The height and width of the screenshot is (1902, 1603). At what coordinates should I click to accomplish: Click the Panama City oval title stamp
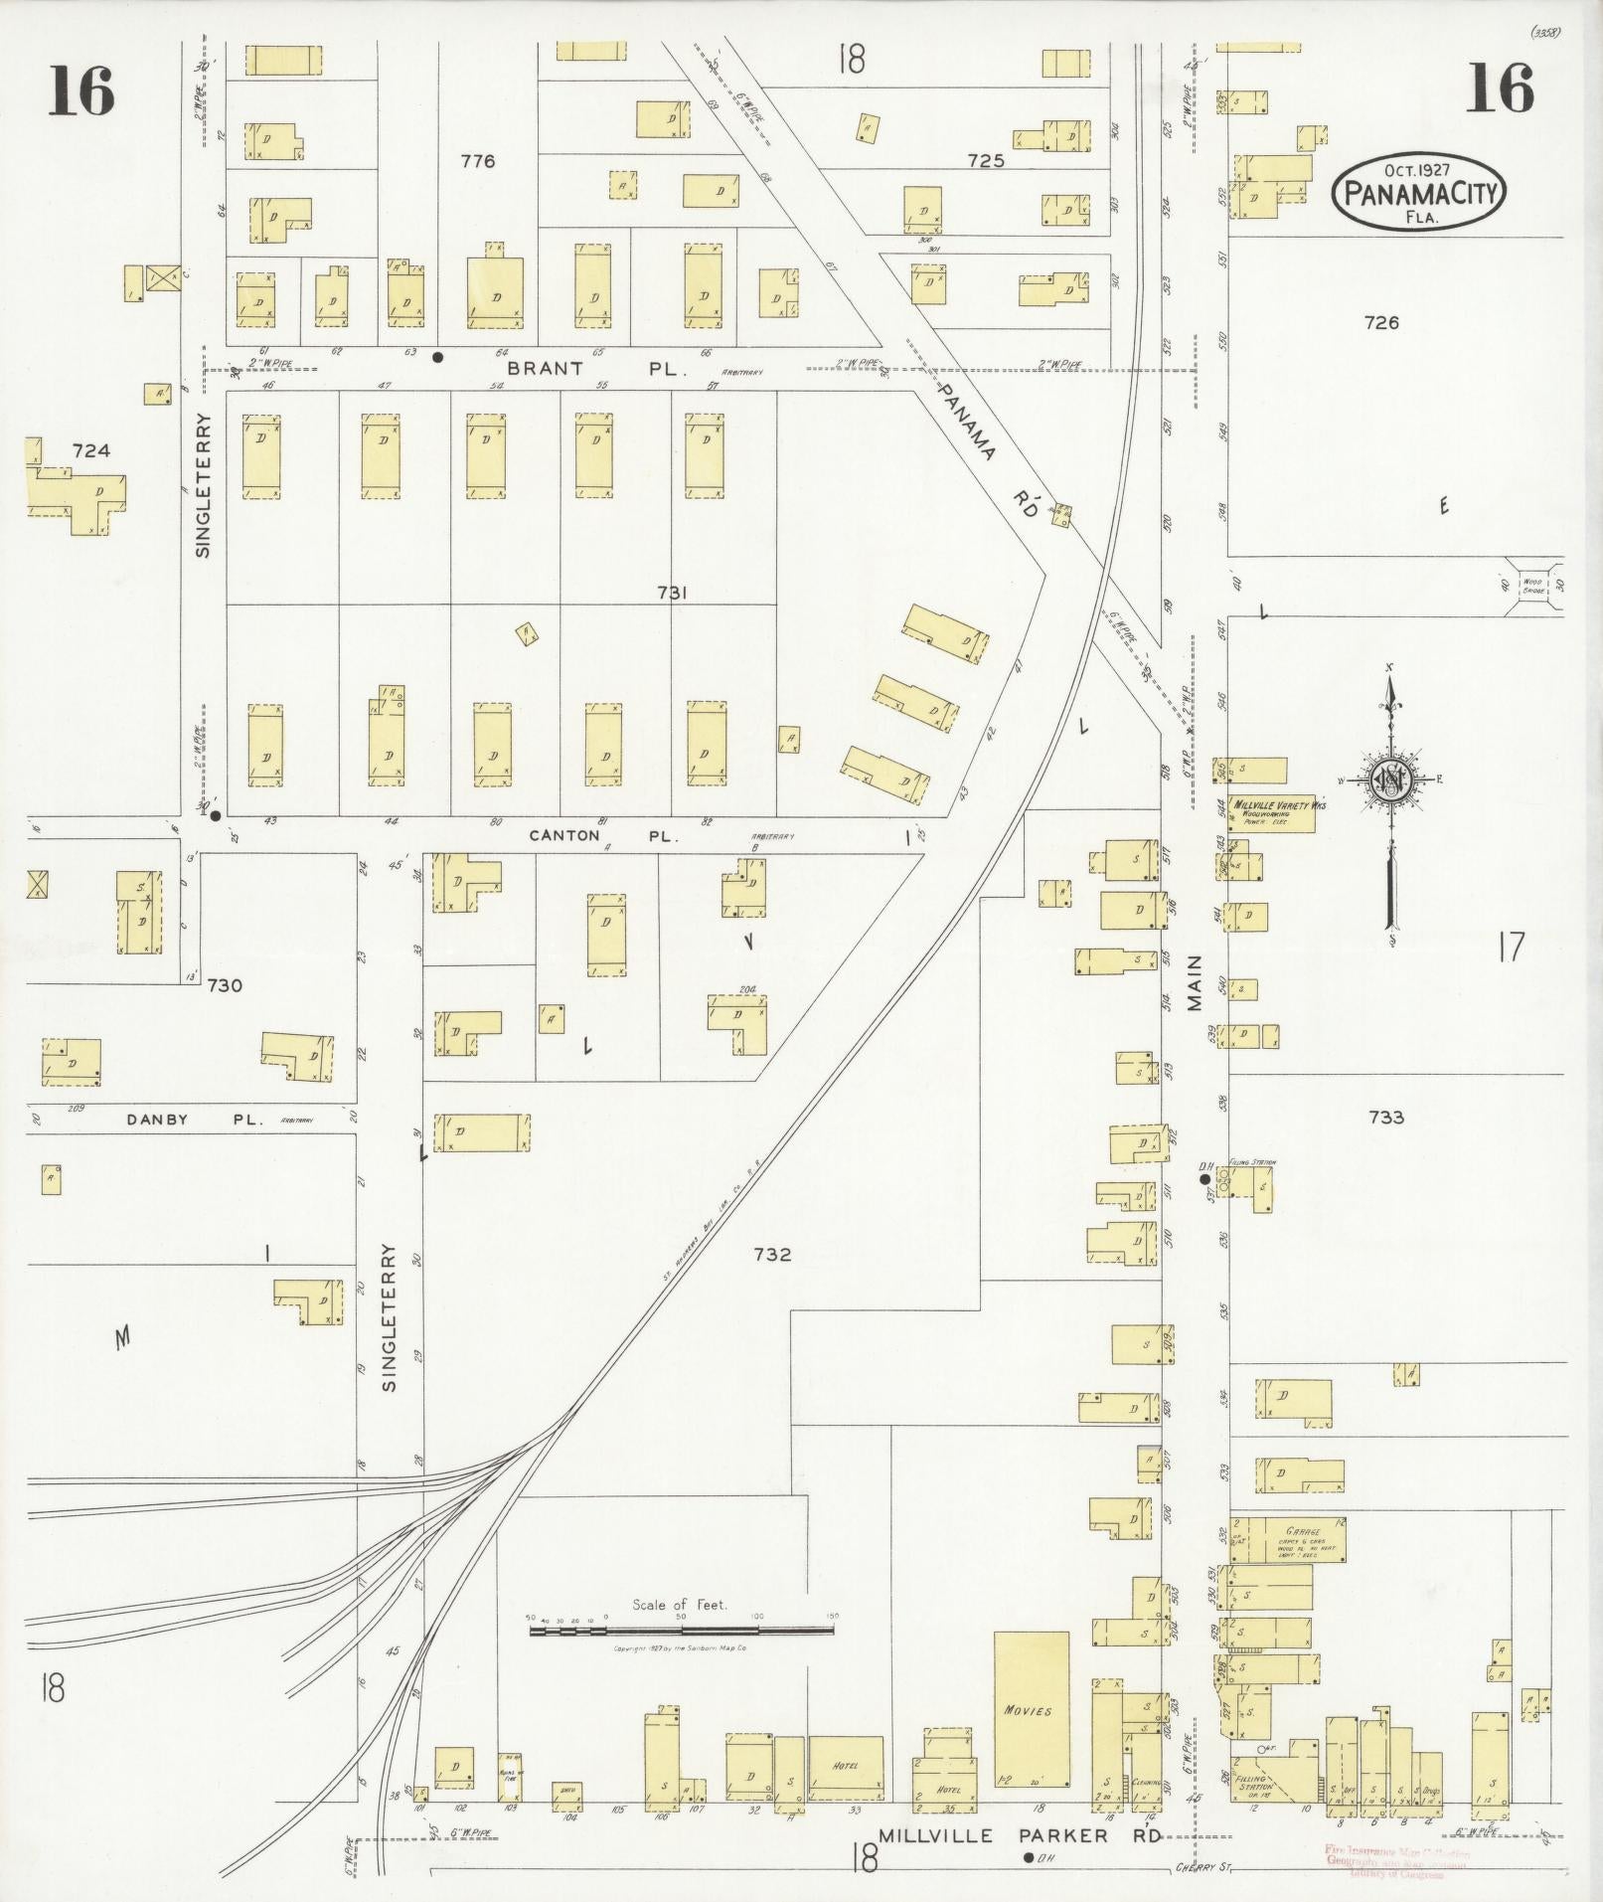[x=1418, y=191]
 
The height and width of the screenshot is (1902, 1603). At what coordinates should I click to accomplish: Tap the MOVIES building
[x=1032, y=1709]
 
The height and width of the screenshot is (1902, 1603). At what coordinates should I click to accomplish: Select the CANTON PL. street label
[x=603, y=835]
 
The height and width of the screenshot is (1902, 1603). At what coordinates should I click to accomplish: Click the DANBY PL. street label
[x=192, y=1119]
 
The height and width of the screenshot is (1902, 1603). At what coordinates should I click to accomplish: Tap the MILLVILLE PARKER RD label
[x=1018, y=1834]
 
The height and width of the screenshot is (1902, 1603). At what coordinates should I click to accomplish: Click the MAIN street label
[x=1195, y=982]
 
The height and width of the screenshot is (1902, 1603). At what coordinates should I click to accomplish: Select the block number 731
[x=672, y=593]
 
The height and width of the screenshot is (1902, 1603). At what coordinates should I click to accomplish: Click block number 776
[x=477, y=160]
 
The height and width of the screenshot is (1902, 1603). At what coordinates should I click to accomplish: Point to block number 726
[x=1381, y=322]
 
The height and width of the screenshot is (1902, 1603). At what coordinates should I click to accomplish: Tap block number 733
[x=1385, y=1117]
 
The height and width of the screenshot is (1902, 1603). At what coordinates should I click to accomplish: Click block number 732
[x=772, y=1254]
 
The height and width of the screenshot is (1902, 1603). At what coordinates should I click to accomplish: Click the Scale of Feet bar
[x=682, y=1630]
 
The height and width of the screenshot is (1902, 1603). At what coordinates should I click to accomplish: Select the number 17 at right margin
[x=1510, y=947]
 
